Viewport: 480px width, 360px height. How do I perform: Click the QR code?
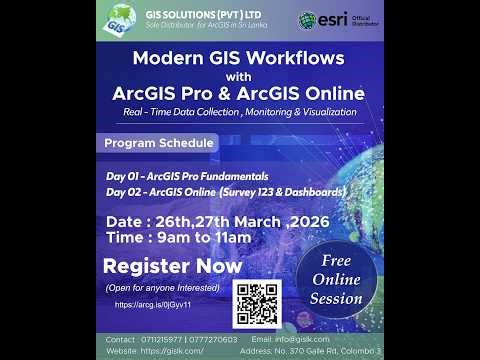coord(257,302)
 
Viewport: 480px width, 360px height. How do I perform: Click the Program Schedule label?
coord(160,143)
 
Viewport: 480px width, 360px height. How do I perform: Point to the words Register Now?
coord(173,266)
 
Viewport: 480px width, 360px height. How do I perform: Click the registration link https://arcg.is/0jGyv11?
coord(153,303)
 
